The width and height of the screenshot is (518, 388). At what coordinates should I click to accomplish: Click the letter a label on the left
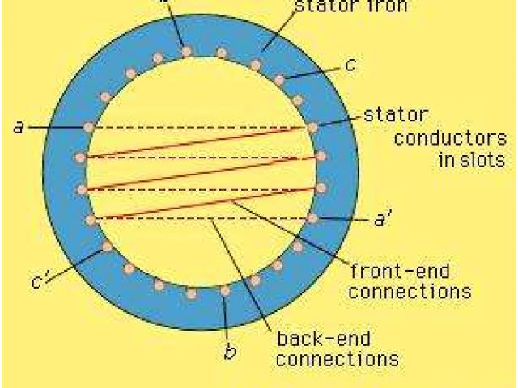pos(18,127)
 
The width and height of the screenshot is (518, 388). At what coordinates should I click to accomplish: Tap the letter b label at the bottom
pos(231,352)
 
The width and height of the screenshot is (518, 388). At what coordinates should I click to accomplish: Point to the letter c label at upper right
pos(349,65)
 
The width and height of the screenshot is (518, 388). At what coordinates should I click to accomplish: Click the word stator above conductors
pos(397,114)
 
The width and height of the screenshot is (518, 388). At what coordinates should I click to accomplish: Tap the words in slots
pos(468,159)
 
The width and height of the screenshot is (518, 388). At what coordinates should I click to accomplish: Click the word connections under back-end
pos(338,357)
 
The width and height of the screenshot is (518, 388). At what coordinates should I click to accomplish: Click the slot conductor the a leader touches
pos(89,127)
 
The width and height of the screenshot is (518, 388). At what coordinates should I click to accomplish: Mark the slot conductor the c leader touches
pos(279,79)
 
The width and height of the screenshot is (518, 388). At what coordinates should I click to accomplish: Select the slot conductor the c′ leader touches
pos(105,247)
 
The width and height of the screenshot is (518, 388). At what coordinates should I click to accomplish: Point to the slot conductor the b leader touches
pos(225,291)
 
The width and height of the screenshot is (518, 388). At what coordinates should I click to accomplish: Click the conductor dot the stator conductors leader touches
pos(313,127)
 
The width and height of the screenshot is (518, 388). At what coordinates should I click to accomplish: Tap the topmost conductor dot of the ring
pos(187,52)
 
